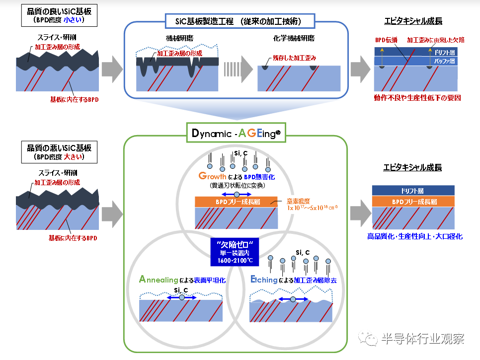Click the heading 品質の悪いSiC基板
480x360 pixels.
[59, 148]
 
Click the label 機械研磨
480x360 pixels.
[177, 38]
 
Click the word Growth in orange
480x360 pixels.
[212, 176]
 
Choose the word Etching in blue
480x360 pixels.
[264, 280]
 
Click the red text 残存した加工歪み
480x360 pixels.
[294, 58]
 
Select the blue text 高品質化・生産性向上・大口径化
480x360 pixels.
[414, 236]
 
